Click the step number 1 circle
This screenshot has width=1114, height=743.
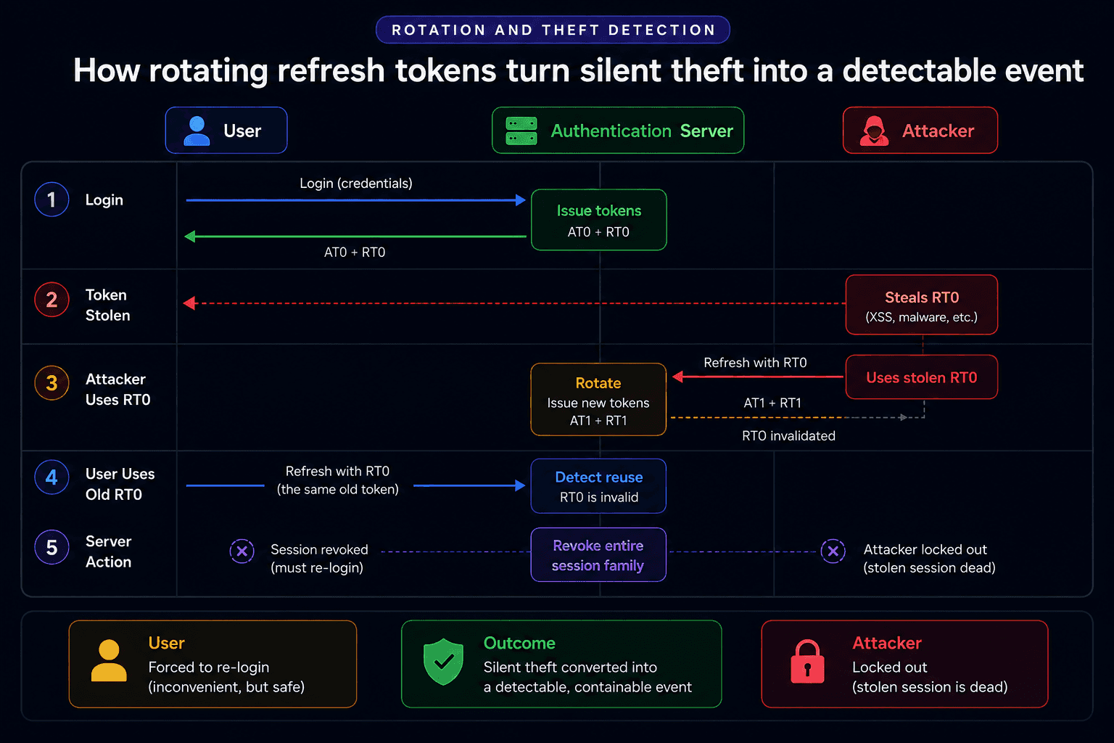point(51,200)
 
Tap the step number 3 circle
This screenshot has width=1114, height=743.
point(51,383)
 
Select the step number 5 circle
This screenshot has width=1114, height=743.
point(51,547)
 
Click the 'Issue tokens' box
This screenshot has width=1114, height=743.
point(599,220)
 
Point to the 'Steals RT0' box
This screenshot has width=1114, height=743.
point(922,305)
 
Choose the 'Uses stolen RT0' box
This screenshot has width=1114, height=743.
point(922,377)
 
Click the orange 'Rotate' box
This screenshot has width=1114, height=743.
point(598,400)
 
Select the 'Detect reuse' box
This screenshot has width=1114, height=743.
point(598,485)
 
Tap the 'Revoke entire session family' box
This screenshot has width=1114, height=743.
point(598,554)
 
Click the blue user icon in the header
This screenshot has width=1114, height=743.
point(197,131)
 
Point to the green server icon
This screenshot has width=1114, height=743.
point(521,131)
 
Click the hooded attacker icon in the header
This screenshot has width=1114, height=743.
point(874,131)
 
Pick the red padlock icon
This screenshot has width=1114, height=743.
point(807,662)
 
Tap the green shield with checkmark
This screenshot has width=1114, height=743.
point(443,662)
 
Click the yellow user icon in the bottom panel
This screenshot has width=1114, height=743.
point(109,661)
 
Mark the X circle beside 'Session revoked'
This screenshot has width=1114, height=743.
point(242,551)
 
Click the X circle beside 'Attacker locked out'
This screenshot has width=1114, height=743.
point(833,551)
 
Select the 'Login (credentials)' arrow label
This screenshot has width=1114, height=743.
point(356,184)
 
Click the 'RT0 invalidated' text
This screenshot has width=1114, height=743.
point(789,436)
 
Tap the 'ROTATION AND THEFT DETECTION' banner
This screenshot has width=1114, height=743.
point(553,30)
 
